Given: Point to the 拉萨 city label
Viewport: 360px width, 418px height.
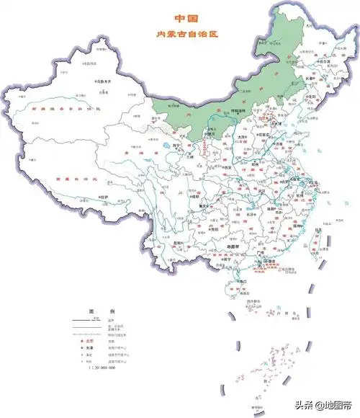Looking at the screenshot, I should tap(104, 196).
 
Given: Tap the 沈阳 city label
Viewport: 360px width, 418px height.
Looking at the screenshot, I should tap(312, 97).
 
